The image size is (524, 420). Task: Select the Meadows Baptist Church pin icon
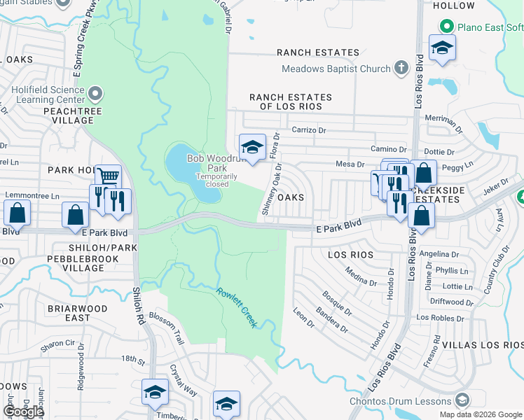[x=401, y=69]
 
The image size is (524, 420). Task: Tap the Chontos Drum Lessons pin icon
[x=462, y=401]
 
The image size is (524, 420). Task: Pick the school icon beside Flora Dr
[x=252, y=147]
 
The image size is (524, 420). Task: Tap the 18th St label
[x=132, y=358]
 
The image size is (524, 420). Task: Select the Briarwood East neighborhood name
[x=77, y=313]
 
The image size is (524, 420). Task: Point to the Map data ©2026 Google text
[x=481, y=414]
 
